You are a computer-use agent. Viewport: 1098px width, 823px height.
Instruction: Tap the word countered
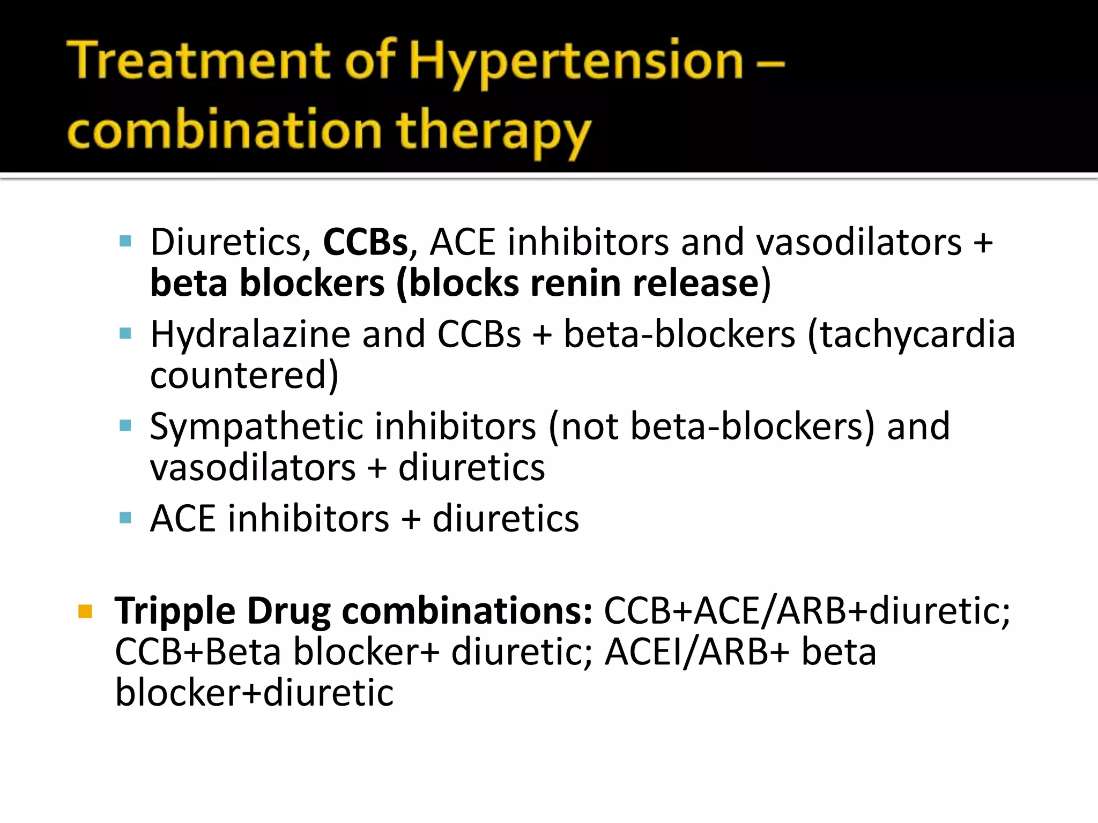click(244, 375)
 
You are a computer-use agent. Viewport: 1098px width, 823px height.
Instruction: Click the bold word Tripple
click(175, 611)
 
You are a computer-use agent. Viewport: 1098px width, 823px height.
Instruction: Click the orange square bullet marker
click(85, 611)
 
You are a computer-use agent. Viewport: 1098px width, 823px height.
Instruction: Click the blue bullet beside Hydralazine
click(125, 334)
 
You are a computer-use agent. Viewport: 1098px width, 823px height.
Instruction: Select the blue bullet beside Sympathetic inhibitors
click(125, 427)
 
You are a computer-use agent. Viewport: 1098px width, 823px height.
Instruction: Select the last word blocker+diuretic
click(254, 693)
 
